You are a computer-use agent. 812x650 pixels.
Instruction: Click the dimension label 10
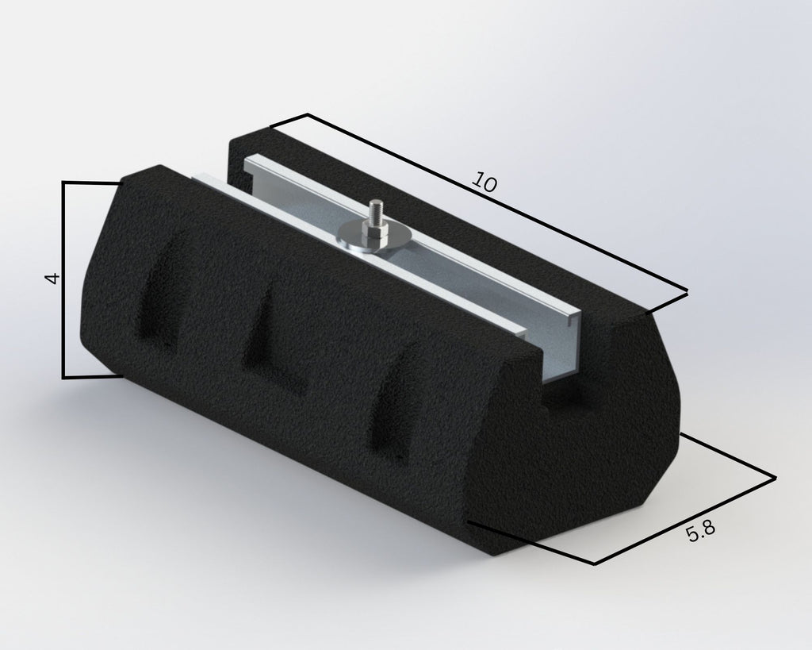[484, 183]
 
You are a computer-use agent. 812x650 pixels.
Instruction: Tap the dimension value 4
[52, 279]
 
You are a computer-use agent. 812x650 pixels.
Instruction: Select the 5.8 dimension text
[701, 533]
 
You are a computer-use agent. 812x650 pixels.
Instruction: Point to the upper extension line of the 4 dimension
[91, 183]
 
